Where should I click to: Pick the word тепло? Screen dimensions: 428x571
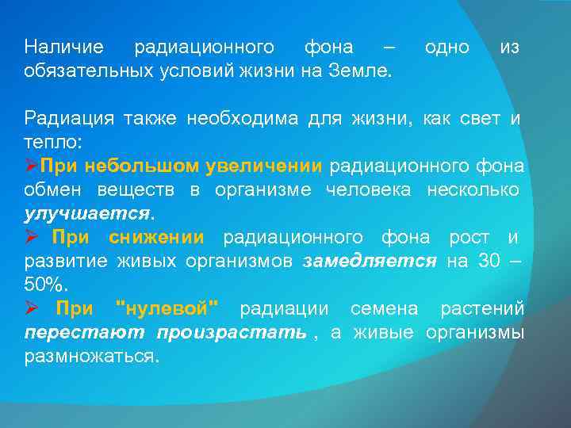(50, 143)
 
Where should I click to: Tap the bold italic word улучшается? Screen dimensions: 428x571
(87, 214)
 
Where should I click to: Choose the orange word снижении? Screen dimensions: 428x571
(156, 238)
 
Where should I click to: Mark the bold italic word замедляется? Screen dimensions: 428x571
(370, 262)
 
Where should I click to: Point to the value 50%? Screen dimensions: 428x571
(45, 285)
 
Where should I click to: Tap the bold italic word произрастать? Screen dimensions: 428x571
(231, 333)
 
